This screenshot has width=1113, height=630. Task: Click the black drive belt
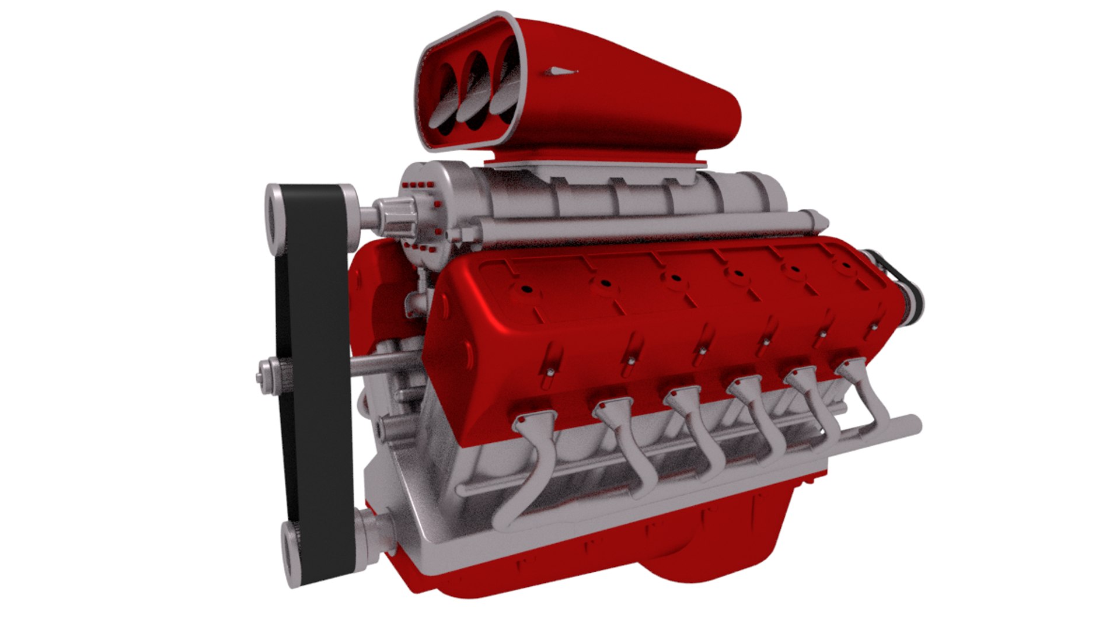coord(315,350)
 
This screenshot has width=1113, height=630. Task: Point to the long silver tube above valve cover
coord(642,230)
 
